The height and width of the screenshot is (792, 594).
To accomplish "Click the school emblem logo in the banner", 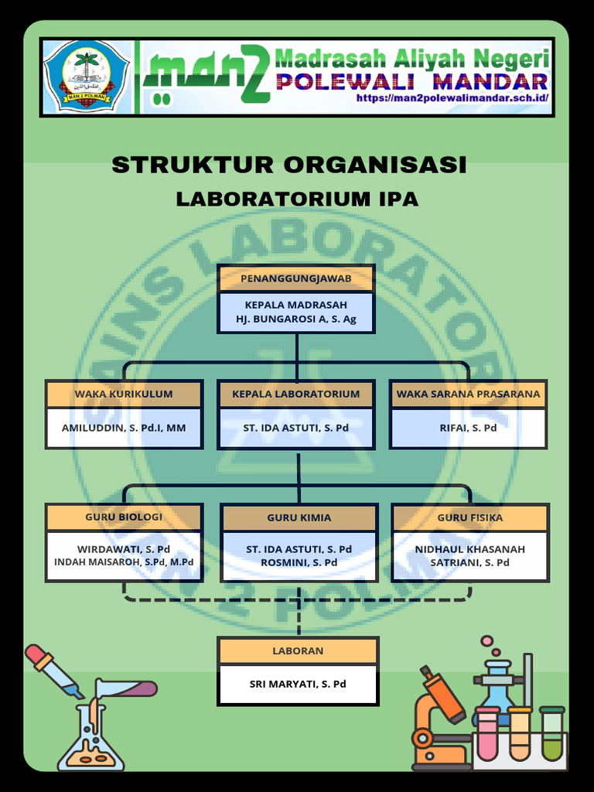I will [x=87, y=78].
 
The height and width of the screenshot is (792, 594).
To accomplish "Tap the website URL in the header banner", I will [x=452, y=98].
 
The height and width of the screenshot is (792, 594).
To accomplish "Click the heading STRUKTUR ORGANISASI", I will [x=289, y=165].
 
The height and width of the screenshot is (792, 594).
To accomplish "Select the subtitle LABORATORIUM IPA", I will [x=297, y=199].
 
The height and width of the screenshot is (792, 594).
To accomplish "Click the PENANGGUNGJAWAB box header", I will [x=296, y=278].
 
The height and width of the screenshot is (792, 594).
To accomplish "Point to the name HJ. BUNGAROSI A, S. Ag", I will [x=296, y=319].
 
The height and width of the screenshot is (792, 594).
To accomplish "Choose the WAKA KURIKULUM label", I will [x=124, y=394].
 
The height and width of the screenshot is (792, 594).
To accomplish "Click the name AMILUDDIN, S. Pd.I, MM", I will [x=124, y=427].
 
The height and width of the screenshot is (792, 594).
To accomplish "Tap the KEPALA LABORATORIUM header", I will [x=296, y=394].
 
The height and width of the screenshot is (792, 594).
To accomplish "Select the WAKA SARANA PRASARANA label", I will [x=468, y=394].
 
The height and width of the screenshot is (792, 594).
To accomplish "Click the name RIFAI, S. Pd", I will [x=468, y=427].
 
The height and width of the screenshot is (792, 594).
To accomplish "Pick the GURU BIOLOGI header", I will [x=124, y=517].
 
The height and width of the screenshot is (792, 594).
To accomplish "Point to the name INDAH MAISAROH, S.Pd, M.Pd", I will [x=124, y=562].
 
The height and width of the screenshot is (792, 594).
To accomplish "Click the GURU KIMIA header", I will [x=299, y=517].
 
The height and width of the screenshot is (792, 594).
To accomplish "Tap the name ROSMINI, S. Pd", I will [x=299, y=562].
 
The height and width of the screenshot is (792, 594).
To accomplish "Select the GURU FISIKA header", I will [x=470, y=517].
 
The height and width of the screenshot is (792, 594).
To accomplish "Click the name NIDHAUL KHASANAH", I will [x=470, y=549].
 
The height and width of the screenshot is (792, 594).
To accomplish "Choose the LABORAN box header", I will [x=298, y=650].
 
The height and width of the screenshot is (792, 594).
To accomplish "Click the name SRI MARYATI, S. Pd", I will [x=298, y=684].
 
